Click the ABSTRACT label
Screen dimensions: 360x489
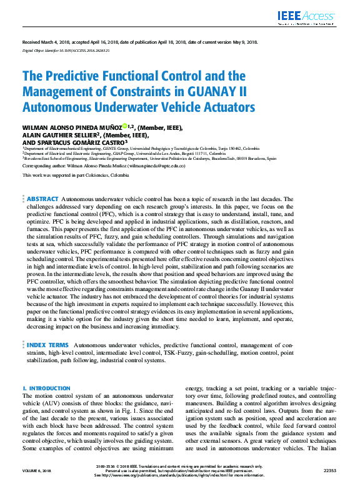[x=43, y=198]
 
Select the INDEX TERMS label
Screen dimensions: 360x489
[x=47, y=344]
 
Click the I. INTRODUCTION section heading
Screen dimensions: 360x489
[x=46, y=388]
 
